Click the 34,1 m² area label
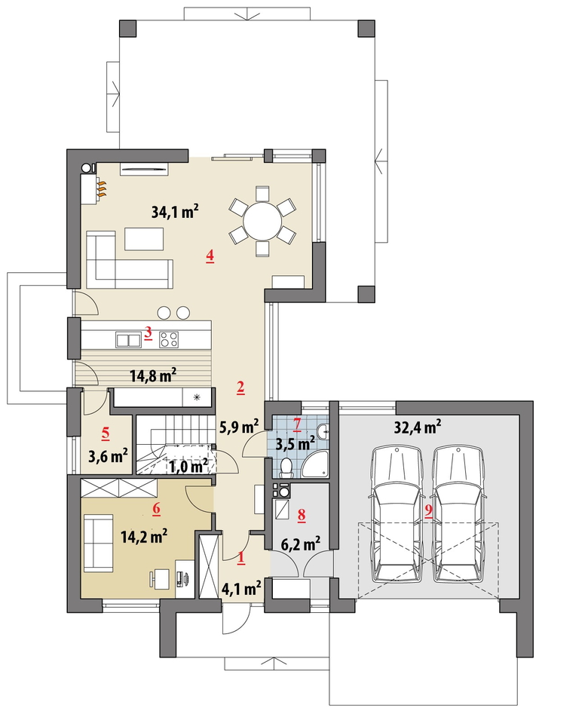coord(175,212)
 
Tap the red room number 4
coord(210,256)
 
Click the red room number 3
coord(149,332)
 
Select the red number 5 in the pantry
coord(106,433)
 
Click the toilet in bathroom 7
coord(286,468)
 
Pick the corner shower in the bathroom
coord(316,464)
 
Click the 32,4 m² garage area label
coord(417,427)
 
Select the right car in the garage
coord(459,514)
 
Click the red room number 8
coord(302,514)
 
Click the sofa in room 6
coord(98,545)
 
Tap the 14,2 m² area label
coord(144,537)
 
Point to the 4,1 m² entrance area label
coord(241,589)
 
